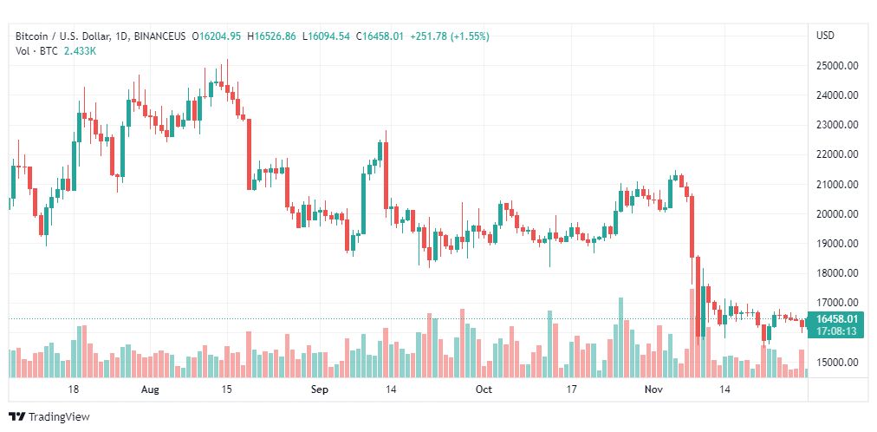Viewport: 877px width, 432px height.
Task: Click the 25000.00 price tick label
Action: (x=836, y=66)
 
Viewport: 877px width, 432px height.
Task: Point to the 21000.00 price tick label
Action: (x=836, y=185)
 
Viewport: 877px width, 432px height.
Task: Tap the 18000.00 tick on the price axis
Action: (x=836, y=273)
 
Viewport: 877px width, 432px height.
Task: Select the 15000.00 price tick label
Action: (x=836, y=363)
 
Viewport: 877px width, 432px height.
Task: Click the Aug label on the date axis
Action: (x=151, y=390)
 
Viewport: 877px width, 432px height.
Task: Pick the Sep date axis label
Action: (x=319, y=390)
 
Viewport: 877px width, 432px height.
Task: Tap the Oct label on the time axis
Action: (x=484, y=390)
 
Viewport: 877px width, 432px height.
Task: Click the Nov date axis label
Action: (x=653, y=390)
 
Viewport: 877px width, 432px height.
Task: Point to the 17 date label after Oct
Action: (x=570, y=390)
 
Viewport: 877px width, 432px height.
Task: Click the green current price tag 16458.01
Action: (x=836, y=319)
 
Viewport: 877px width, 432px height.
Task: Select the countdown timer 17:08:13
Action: (x=836, y=331)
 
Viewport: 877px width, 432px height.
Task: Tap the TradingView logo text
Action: (x=59, y=417)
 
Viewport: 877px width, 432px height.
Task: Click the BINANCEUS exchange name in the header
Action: (x=161, y=36)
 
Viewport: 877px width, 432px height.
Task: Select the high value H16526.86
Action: (x=271, y=36)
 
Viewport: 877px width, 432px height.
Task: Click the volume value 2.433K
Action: (x=80, y=51)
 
